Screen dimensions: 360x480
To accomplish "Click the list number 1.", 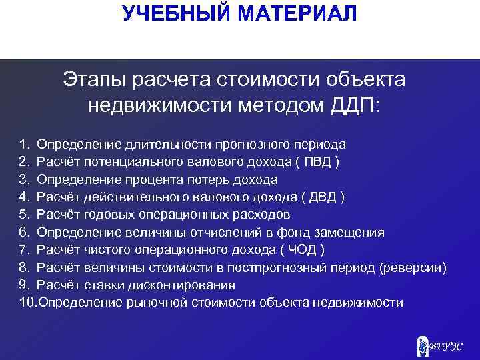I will (24, 144).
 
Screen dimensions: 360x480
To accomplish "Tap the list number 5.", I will (24, 215).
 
